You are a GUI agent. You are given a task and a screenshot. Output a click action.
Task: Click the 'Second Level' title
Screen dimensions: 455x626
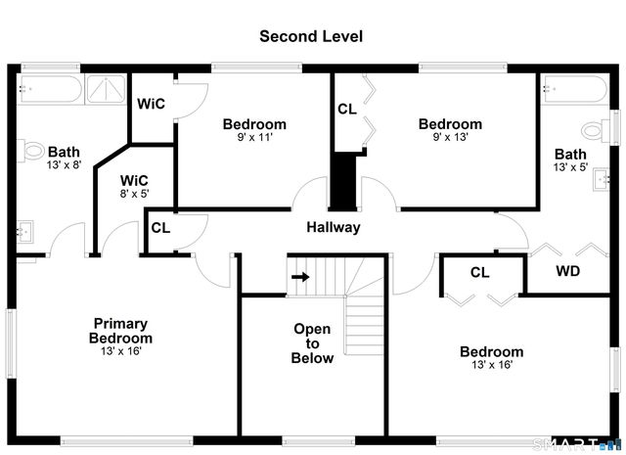[x=311, y=36]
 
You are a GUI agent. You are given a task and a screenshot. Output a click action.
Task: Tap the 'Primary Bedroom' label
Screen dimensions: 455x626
[x=120, y=331]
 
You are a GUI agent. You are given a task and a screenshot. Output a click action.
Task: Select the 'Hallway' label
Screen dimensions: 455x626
[x=333, y=227]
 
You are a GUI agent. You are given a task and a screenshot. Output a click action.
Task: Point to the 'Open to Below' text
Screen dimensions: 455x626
[x=312, y=343]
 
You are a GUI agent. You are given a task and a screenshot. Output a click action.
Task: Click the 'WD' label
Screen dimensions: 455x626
[x=568, y=270]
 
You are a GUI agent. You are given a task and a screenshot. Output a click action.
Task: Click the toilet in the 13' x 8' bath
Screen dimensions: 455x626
[x=34, y=152]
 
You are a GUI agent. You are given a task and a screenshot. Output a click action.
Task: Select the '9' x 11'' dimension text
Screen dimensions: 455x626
[x=254, y=138]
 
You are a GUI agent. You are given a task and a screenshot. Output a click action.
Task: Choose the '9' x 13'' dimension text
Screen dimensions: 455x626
[x=450, y=138]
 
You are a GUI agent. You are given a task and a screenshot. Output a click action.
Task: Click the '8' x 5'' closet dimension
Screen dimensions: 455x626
[x=134, y=195]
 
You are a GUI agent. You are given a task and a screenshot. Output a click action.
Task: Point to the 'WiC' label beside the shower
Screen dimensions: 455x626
[x=150, y=104]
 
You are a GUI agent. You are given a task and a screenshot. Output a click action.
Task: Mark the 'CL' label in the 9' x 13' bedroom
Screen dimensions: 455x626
[x=347, y=110]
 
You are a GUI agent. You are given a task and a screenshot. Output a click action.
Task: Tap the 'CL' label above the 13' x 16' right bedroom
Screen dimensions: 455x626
[x=479, y=273]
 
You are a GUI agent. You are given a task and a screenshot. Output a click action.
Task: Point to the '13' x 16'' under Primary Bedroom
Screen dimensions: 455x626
[x=120, y=351]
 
